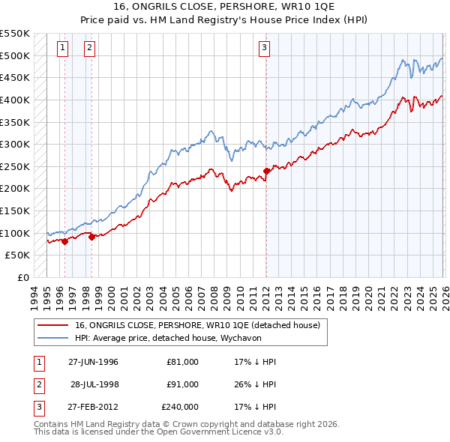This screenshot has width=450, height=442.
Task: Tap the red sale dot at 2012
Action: point(267,171)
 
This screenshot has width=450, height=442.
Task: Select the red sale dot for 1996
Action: point(64,241)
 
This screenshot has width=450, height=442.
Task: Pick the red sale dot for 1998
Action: point(92,237)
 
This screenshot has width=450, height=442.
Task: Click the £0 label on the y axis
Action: point(22,277)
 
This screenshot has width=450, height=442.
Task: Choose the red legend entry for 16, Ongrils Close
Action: point(197,325)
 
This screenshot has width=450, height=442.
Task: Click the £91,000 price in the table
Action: point(183,384)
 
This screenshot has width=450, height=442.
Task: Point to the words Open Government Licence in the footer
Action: point(200,432)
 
